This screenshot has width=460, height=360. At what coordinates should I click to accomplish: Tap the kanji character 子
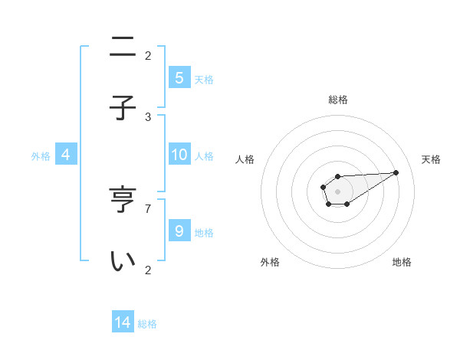[x=123, y=108]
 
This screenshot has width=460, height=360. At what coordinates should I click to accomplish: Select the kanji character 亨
[x=123, y=201]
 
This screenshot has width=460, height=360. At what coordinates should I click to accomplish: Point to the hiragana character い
[x=123, y=261]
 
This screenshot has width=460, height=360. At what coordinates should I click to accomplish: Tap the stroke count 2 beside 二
[x=148, y=55]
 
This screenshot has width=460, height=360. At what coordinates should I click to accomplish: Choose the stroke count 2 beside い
[x=148, y=270]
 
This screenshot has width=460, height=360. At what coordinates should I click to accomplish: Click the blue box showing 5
[x=179, y=77]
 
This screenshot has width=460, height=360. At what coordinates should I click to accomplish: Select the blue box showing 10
[x=179, y=155]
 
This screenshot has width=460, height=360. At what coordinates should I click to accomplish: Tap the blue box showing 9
[x=179, y=231]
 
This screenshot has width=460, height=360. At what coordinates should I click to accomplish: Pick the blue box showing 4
[x=66, y=155]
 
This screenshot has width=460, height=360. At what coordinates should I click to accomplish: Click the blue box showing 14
[x=123, y=322]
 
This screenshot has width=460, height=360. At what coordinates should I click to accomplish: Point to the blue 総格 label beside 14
[x=147, y=324]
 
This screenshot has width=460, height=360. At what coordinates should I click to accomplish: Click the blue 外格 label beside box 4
[x=41, y=156]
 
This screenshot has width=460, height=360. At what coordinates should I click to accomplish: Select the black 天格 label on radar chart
[x=431, y=159]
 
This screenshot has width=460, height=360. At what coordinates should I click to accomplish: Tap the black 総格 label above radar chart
[x=338, y=100]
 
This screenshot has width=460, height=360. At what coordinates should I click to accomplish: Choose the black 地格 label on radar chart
[x=402, y=262]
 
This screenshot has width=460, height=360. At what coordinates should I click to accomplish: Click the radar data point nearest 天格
[x=396, y=172]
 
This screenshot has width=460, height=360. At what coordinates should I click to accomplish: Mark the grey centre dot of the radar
[x=337, y=191]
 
